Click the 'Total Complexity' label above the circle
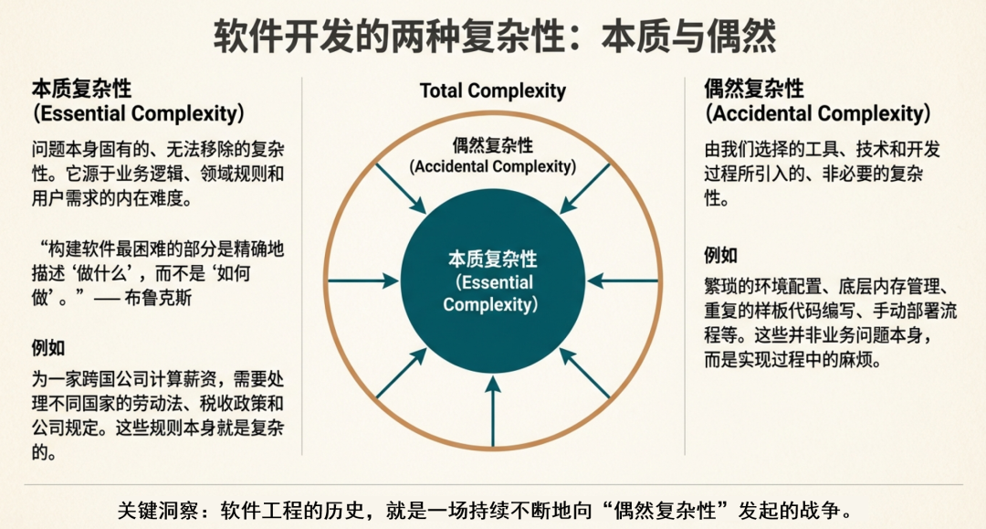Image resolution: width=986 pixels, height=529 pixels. pyautogui.click(x=493, y=90)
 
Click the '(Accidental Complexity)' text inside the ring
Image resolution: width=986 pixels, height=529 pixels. pyautogui.click(x=493, y=166)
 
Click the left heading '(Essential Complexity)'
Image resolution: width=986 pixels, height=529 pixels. pyautogui.click(x=138, y=113)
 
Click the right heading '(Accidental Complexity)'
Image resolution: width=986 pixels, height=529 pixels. pyautogui.click(x=818, y=113)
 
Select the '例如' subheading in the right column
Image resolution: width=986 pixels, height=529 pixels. pyautogui.click(x=721, y=255)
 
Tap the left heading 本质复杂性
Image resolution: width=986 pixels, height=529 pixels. pyautogui.click(x=81, y=89)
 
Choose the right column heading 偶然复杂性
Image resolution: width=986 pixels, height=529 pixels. pyautogui.click(x=754, y=89)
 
